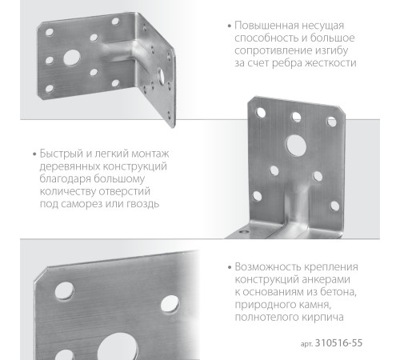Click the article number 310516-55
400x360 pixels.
pyautogui.click(x=346, y=343)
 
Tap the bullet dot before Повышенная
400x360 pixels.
pyautogui.click(x=230, y=24)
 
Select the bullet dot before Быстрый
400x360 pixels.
pyautogui.click(x=33, y=154)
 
